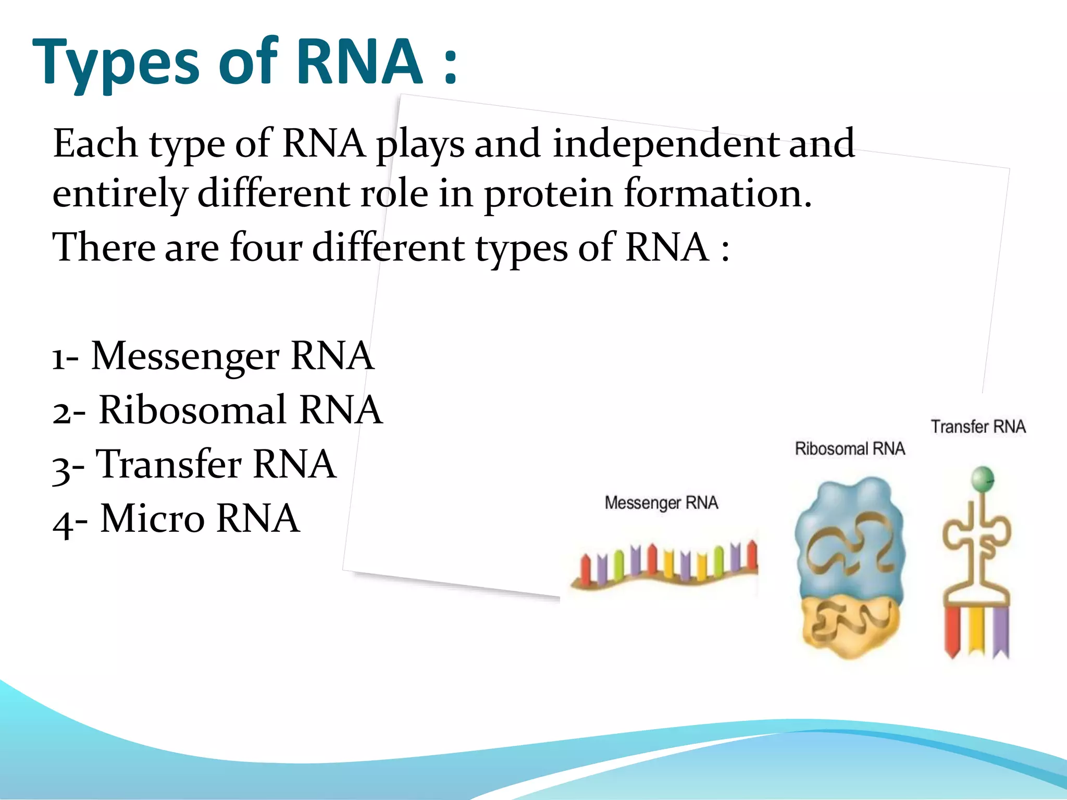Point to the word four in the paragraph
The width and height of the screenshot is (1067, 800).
tap(266, 247)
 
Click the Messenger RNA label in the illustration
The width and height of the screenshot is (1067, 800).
tap(661, 503)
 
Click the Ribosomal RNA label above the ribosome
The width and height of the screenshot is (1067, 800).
tap(850, 448)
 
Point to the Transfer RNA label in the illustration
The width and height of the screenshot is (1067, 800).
tap(978, 427)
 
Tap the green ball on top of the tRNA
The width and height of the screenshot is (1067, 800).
tap(983, 478)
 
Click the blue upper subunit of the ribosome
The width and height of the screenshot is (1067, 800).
tap(849, 542)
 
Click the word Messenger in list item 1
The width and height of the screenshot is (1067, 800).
tap(185, 356)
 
